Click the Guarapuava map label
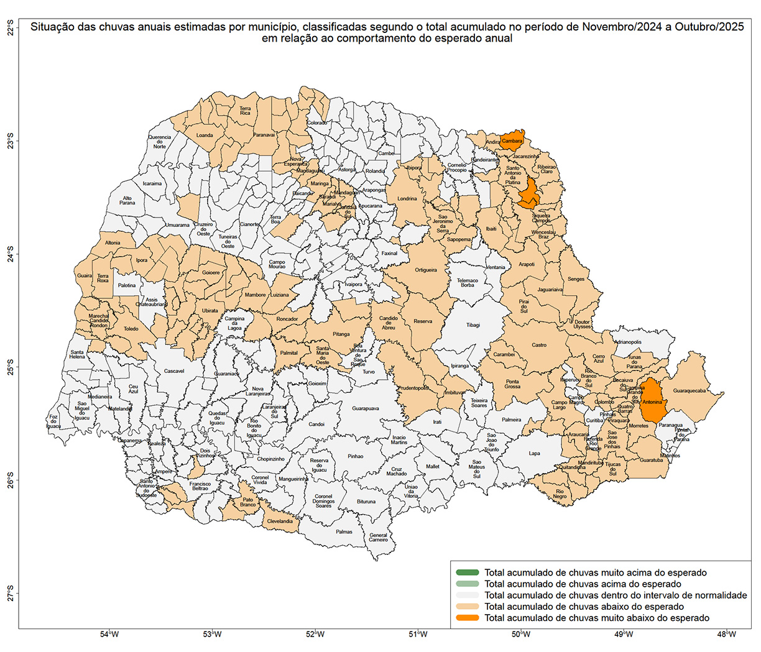coord(366,409)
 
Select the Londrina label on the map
coord(407,199)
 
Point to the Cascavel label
coord(174,371)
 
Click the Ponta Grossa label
coord(512,384)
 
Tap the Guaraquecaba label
coord(689,392)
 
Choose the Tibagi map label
coord(473,325)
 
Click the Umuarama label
coord(177,225)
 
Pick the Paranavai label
coord(264,135)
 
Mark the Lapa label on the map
coord(535,453)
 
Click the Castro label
coord(539,345)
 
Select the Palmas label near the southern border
coord(344,531)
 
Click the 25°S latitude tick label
coord(11,367)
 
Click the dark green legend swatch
coord(467,572)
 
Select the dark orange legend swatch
coord(467,618)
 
